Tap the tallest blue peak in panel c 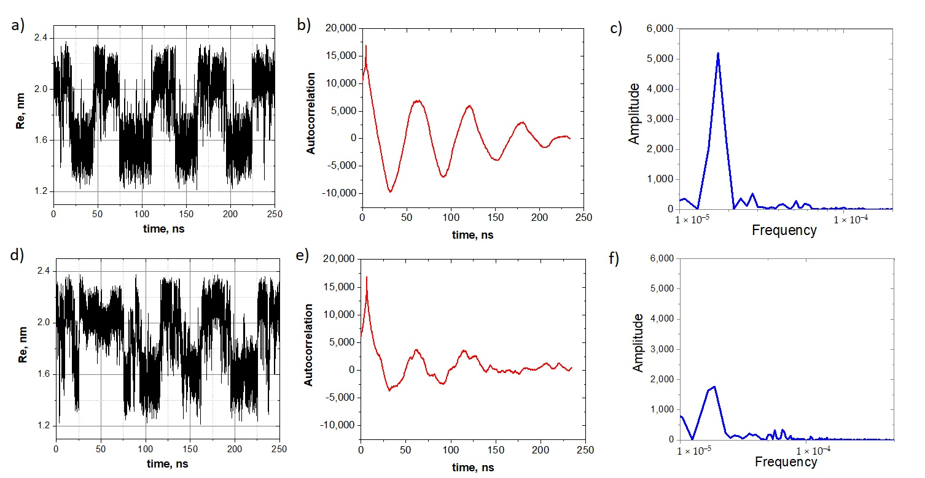pos(717,53)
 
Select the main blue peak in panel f pos(714,387)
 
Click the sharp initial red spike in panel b pos(366,46)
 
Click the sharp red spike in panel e pos(367,277)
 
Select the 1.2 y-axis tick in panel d pos(43,425)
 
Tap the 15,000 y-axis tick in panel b pos(338,56)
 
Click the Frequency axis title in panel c pos(784,231)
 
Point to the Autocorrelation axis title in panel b pos(311,113)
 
